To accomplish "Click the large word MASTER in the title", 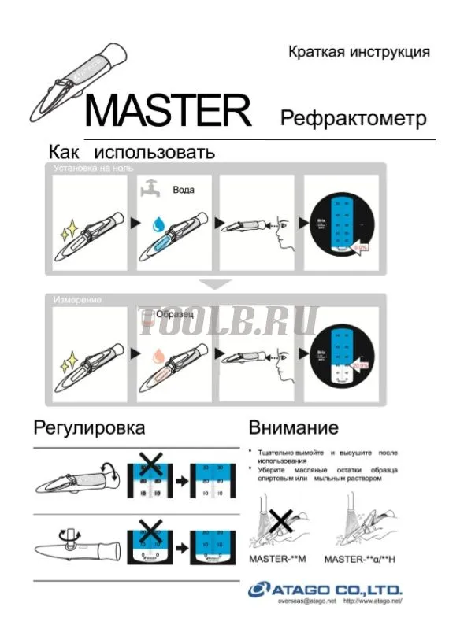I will pos(168,111).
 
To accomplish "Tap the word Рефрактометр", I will pos(354,119).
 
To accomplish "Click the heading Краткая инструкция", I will pos(358,52).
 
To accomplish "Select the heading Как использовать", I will pos(132,151).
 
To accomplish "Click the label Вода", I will pos(183,190).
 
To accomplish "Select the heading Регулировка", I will pos(89,428).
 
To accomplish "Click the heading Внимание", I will pos(293,428).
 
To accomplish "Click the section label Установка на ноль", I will pos(93,168).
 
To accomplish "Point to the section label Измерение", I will pos(79,299).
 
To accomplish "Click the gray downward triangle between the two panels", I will pos(214,284).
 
